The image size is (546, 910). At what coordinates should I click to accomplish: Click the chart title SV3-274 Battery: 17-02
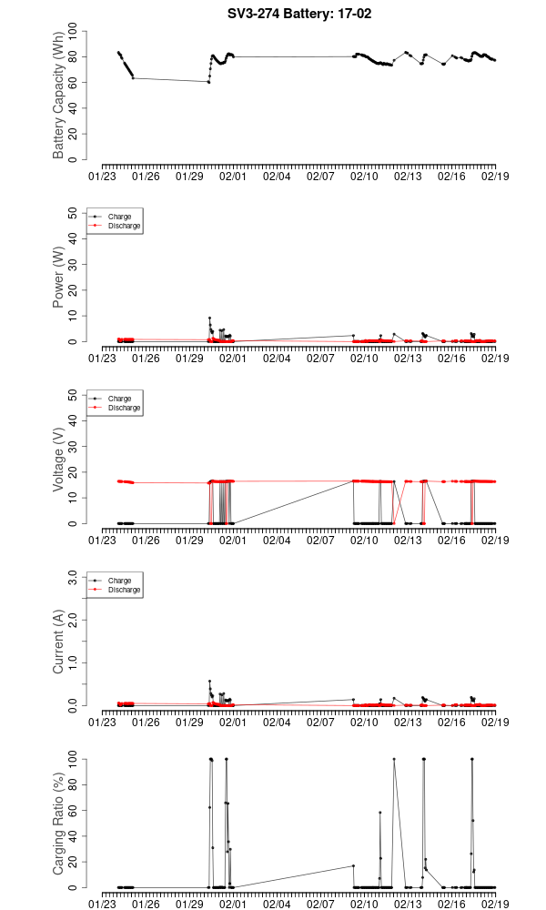coord(299,14)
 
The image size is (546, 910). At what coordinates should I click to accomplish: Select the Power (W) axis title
coord(59,278)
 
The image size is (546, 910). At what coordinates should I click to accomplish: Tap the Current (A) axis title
coord(59,642)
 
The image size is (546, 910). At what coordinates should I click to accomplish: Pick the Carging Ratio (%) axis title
coord(59,824)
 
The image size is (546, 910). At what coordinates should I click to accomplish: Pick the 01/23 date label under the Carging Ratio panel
coord(103,904)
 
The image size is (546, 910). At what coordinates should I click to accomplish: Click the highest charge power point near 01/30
coord(209,318)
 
